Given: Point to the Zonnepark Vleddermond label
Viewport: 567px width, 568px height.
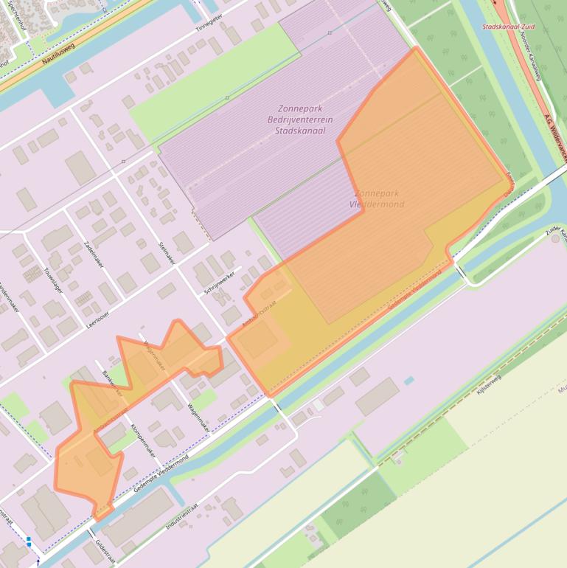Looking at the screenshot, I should click(379, 198).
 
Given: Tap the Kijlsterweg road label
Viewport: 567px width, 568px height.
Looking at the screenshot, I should click(489, 385).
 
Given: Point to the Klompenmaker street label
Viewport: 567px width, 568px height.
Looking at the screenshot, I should click(142, 440).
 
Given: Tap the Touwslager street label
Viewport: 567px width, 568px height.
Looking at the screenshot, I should click(54, 280).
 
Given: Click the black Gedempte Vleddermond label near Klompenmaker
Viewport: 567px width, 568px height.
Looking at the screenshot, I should click(161, 474).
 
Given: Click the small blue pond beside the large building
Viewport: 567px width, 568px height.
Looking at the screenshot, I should click(408, 381).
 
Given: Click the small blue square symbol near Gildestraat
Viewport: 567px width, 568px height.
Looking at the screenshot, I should click(28, 540).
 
